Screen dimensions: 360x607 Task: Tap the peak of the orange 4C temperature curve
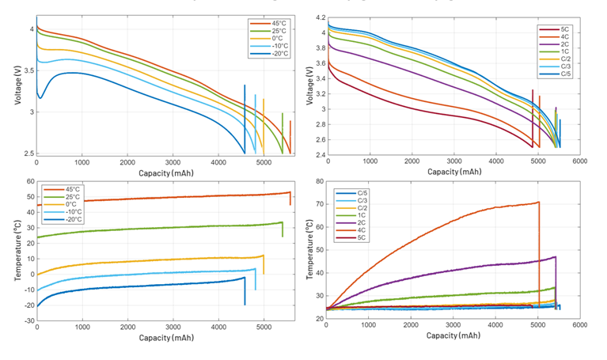tap(538, 203)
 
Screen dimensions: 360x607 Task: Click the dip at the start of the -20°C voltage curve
tap(40, 98)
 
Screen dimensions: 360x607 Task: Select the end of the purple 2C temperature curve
tap(555, 257)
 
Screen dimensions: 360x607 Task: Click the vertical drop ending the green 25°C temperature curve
tap(283, 229)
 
